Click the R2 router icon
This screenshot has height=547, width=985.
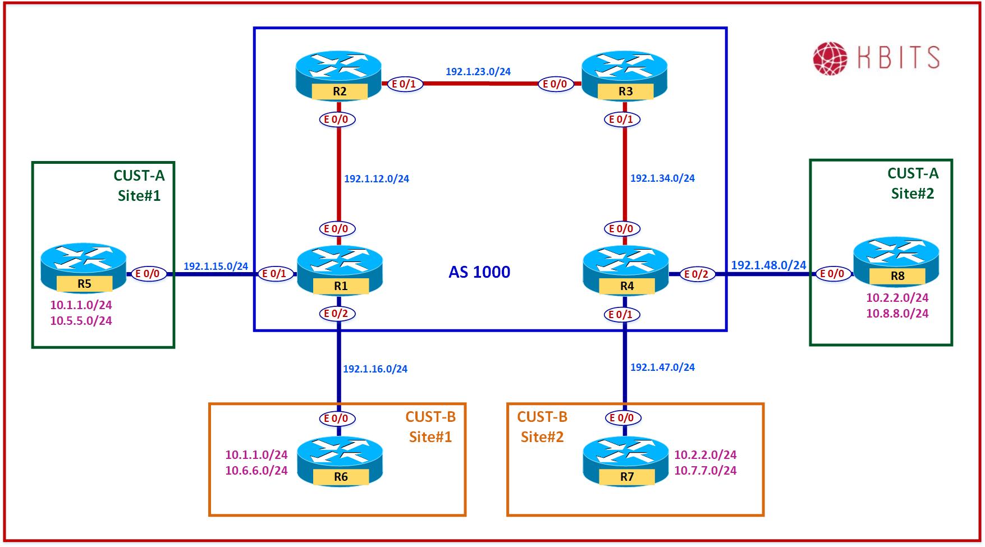click(x=338, y=76)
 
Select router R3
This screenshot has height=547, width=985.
click(x=625, y=76)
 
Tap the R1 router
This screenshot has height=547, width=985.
click(x=340, y=270)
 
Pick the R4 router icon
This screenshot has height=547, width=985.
click(x=626, y=270)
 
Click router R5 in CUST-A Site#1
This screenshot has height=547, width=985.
click(x=84, y=268)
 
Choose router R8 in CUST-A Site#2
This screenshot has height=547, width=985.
click(x=896, y=261)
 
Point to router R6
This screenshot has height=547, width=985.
click(x=340, y=461)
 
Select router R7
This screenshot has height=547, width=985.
click(x=626, y=461)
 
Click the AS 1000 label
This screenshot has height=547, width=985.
click(x=479, y=273)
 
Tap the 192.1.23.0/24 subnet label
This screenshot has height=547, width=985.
click(x=478, y=72)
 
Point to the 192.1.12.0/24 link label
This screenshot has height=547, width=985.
click(x=377, y=179)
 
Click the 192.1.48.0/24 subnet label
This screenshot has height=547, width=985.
click(x=768, y=265)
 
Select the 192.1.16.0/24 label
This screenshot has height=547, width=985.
click(x=375, y=369)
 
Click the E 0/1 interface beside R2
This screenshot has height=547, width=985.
click(x=404, y=84)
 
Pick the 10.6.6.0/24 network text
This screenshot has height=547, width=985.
click(x=256, y=471)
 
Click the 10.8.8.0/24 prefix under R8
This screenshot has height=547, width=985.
click(x=897, y=314)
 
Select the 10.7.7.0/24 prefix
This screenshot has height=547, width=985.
click(x=705, y=471)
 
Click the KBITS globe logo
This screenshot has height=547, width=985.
click(x=830, y=58)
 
